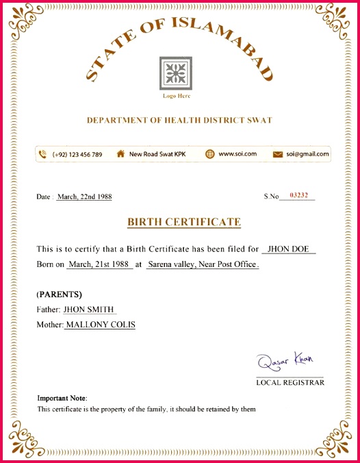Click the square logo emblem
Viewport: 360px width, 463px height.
[x=176, y=73]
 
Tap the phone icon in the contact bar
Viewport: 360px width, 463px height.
[x=43, y=154]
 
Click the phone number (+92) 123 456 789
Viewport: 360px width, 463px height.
[x=77, y=154]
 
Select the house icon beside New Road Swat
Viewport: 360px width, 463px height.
[x=120, y=154]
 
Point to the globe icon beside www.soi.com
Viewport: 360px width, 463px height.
[x=210, y=154]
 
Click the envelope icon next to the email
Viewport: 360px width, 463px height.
[x=278, y=154]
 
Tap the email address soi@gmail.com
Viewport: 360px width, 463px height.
[x=308, y=154]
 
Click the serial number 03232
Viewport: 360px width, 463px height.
[x=299, y=196]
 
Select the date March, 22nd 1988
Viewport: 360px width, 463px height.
[x=84, y=197]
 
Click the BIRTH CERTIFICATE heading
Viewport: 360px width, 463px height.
[x=184, y=222]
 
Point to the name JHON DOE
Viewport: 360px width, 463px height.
[x=287, y=249]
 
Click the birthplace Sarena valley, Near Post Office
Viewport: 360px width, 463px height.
[x=202, y=264]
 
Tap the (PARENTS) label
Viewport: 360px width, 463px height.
[x=60, y=295]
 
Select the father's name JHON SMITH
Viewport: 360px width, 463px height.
[x=89, y=310]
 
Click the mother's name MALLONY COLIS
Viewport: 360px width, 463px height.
[x=100, y=325]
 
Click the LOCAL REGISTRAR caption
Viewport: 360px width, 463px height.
[x=290, y=383]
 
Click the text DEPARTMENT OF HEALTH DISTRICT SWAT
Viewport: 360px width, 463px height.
[x=179, y=121]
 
